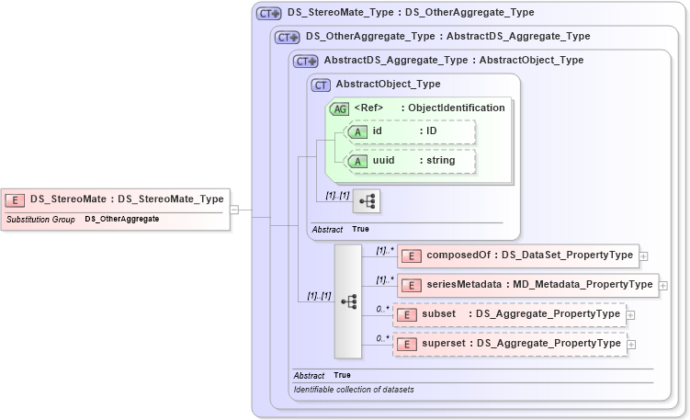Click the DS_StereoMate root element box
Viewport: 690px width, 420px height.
(115, 199)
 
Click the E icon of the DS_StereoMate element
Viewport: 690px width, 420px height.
(16, 199)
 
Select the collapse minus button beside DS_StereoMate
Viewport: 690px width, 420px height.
(234, 210)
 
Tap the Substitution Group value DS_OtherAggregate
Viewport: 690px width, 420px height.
(122, 220)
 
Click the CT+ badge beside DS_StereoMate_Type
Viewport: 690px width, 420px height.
(269, 14)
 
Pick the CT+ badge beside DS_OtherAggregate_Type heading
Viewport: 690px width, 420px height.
(288, 38)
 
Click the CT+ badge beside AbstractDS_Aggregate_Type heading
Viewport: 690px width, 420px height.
(306, 62)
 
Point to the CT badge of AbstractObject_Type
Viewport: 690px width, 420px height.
(322, 85)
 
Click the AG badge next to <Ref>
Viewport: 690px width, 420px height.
(339, 108)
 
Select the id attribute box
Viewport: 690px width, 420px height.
(410, 131)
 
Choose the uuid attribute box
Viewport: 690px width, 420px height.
(410, 162)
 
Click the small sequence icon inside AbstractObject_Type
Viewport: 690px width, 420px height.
(366, 200)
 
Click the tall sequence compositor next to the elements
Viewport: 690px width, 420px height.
(348, 301)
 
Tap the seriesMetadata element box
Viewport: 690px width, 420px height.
(526, 285)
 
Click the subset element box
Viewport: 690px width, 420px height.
(510, 314)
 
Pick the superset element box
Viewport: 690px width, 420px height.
(510, 344)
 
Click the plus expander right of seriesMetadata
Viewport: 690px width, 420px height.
(663, 286)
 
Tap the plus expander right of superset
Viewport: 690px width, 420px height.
(631, 345)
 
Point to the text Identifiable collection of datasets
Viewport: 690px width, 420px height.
(354, 390)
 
